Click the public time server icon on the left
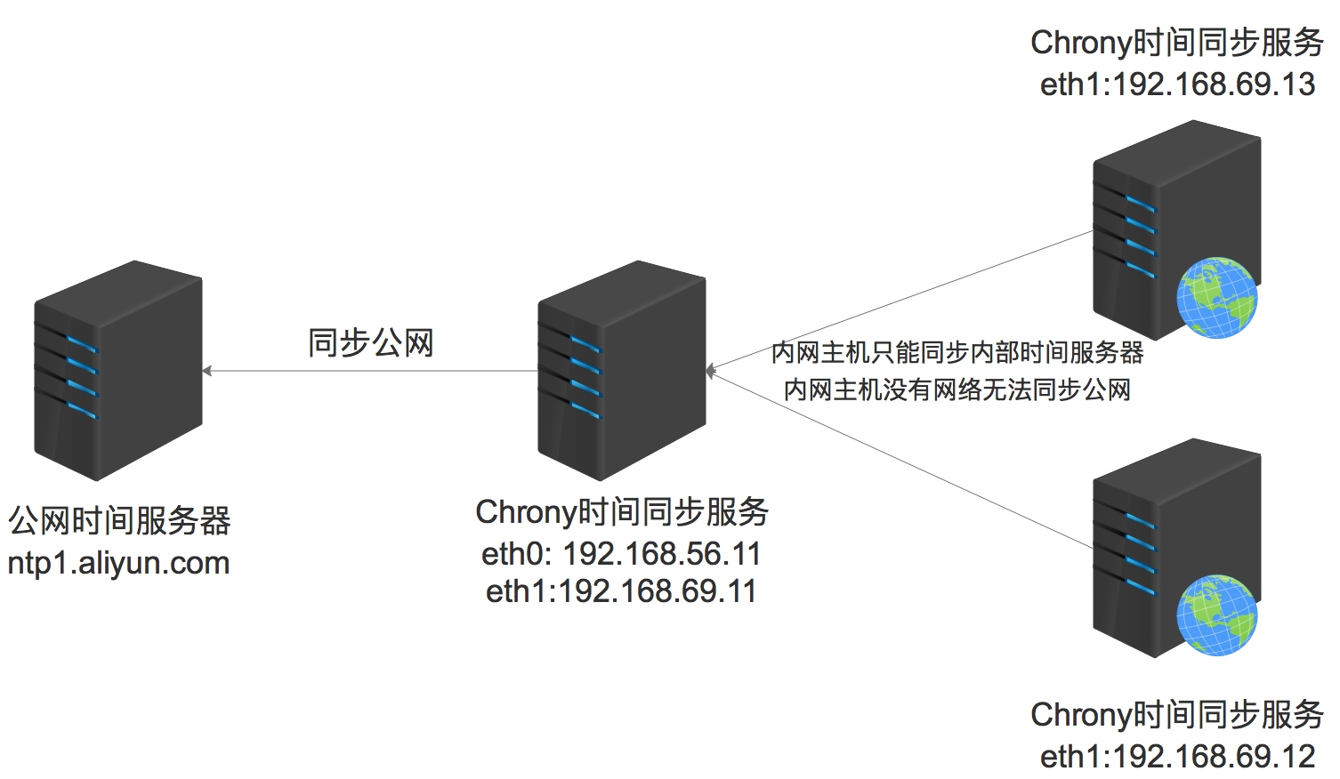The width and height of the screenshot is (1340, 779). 117,371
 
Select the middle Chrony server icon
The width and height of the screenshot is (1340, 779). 621,371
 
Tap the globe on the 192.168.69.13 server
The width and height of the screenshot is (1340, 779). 1216,298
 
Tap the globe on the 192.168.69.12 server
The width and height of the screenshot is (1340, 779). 1216,616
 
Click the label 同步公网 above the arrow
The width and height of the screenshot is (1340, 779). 370,342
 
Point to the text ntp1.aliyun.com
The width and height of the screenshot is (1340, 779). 118,563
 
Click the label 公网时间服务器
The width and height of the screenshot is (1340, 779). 119,521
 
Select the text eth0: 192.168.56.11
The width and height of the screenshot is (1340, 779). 621,553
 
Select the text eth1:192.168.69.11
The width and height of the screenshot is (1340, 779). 621,591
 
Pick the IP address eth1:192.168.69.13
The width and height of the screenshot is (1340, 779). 1177,84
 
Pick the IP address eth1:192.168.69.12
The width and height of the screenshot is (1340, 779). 1177,757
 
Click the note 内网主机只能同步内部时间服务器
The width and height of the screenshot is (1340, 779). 957,353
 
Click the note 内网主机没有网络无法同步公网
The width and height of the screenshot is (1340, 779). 957,389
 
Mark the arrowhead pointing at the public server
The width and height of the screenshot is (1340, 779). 207,371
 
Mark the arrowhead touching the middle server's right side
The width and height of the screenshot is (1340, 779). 710,371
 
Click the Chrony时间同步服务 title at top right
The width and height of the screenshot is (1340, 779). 1177,43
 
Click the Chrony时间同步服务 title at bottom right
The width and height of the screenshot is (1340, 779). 1177,715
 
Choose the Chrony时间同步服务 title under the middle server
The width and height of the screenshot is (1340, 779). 621,512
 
